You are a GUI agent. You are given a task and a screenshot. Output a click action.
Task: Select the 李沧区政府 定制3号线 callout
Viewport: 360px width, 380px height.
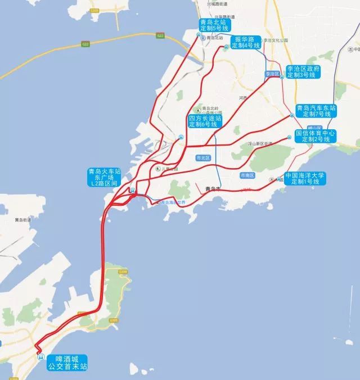(x=303, y=71)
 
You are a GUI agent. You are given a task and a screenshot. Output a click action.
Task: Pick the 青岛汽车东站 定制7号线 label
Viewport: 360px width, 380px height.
(x=316, y=110)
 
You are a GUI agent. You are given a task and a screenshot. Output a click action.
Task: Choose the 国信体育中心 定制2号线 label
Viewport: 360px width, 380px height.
(x=316, y=136)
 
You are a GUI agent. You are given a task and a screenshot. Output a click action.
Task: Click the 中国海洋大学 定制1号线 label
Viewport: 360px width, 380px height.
(x=305, y=179)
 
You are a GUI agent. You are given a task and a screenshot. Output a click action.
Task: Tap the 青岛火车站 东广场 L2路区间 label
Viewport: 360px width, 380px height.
(x=105, y=178)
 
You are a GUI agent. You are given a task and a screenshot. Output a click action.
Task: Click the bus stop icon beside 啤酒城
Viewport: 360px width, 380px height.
(x=40, y=356)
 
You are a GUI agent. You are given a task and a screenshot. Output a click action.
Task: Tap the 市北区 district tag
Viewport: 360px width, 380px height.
(x=202, y=158)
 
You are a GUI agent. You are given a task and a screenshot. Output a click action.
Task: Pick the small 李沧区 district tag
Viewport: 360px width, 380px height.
(x=272, y=74)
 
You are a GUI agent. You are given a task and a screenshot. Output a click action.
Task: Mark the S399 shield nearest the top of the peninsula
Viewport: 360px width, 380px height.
(x=123, y=273)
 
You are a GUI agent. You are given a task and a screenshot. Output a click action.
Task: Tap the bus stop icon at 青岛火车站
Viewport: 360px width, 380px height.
(x=132, y=190)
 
